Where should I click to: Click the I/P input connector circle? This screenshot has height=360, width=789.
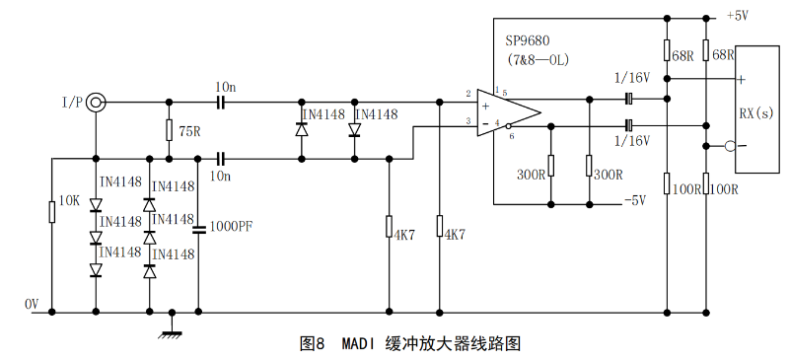(x=96, y=101)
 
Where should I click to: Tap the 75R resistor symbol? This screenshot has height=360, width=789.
(x=170, y=130)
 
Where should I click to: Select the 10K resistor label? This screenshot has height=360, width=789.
(x=68, y=200)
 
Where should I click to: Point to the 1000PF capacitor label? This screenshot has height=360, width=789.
(x=232, y=226)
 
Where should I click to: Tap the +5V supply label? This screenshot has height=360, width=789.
(x=738, y=16)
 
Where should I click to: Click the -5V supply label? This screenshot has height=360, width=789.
(x=633, y=200)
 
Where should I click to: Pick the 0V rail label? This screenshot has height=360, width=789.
(x=32, y=304)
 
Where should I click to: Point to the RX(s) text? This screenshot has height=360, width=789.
(x=756, y=113)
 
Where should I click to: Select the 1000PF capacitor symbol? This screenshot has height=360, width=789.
(x=199, y=228)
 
